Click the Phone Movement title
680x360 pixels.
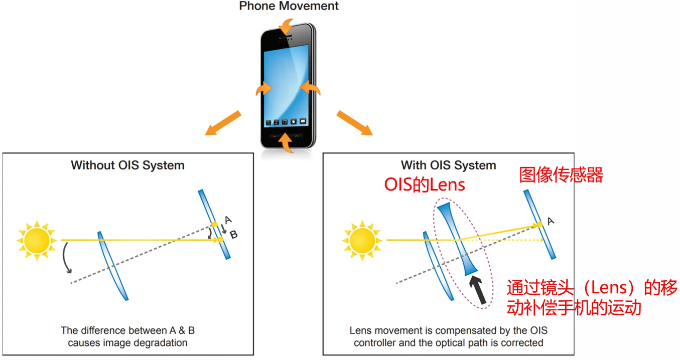(289, 7)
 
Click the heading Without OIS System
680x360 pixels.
(127, 165)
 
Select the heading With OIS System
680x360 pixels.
(448, 165)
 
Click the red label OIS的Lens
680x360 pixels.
(425, 185)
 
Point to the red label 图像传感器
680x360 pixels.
(561, 175)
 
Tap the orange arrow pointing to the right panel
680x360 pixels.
(354, 123)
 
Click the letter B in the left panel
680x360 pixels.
(233, 234)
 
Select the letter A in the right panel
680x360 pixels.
(551, 221)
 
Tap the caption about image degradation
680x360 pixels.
(127, 336)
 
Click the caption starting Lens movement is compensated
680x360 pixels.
(448, 336)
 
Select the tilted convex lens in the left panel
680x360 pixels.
(112, 265)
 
